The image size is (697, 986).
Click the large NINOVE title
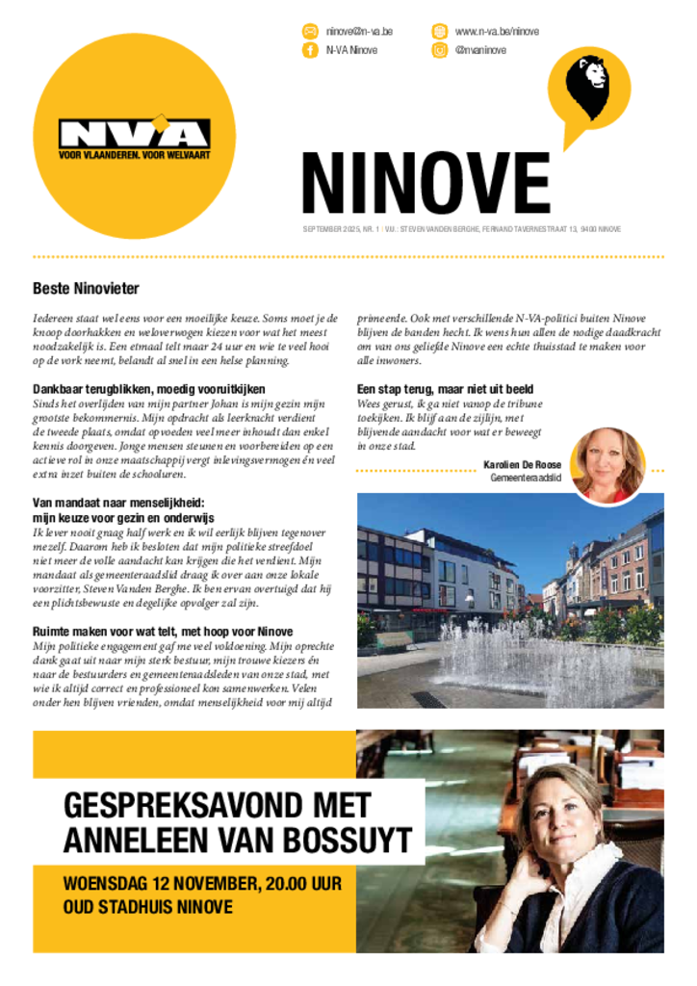click(x=426, y=183)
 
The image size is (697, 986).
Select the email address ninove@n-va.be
click(x=359, y=32)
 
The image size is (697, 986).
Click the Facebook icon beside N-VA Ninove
click(x=310, y=50)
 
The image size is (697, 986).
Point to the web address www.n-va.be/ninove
click(x=497, y=32)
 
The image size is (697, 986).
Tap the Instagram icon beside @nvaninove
click(x=439, y=50)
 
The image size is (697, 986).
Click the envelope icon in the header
click(x=310, y=32)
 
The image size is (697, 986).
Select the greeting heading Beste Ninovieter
click(x=86, y=288)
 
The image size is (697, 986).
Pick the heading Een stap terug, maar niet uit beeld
click(x=445, y=389)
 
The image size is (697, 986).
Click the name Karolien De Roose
click(x=523, y=465)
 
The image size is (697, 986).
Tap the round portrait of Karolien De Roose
click(x=607, y=464)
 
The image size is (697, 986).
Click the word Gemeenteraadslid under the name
click(x=526, y=478)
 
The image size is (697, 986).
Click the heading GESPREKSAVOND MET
click(x=217, y=805)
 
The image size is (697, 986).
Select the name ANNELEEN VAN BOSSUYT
click(x=237, y=840)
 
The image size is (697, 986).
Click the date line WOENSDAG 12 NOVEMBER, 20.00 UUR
click(x=202, y=883)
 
